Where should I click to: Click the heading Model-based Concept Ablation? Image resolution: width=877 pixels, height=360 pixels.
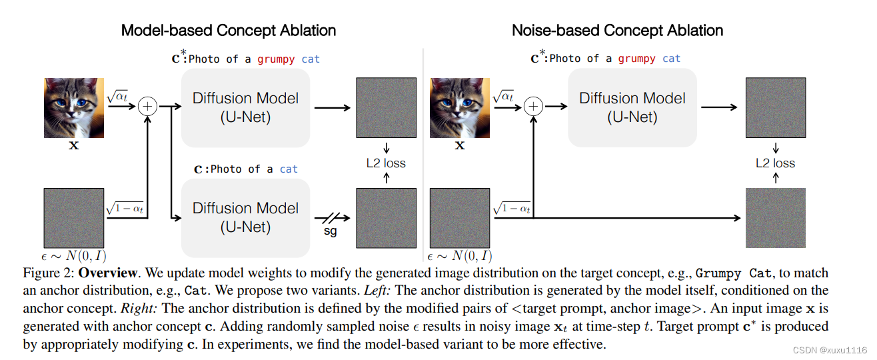pos(228,31)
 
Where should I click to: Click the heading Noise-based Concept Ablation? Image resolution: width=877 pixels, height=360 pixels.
pos(617,31)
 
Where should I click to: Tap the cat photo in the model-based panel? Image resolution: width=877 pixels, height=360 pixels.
pos(74,107)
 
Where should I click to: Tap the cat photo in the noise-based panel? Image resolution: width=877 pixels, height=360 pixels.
pos(460,107)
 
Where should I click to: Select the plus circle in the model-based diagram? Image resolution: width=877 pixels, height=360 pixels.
pos(148,106)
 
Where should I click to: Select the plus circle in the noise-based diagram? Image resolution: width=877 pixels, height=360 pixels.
pos(533,106)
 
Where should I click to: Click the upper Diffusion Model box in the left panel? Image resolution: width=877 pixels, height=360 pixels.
pos(245,108)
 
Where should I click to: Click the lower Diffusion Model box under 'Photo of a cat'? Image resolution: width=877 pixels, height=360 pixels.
pos(245,217)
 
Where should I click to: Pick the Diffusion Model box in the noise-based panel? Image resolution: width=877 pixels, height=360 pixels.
pos(632,108)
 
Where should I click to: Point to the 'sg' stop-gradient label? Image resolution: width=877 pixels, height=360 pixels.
pos(330,233)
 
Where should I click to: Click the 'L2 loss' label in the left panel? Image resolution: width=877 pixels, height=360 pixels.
pos(386,163)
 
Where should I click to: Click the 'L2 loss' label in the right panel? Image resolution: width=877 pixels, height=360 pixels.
pos(775,163)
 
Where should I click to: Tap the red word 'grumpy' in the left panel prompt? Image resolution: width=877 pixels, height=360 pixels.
pos(275,59)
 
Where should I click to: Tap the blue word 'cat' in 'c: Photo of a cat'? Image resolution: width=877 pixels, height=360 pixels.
pos(289,169)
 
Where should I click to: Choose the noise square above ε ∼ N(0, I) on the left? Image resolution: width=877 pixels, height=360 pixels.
pos(74,218)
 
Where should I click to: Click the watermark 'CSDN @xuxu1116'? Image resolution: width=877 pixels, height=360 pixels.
pos(834,350)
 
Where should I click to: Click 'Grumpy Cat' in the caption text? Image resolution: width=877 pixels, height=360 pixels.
pos(730,274)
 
